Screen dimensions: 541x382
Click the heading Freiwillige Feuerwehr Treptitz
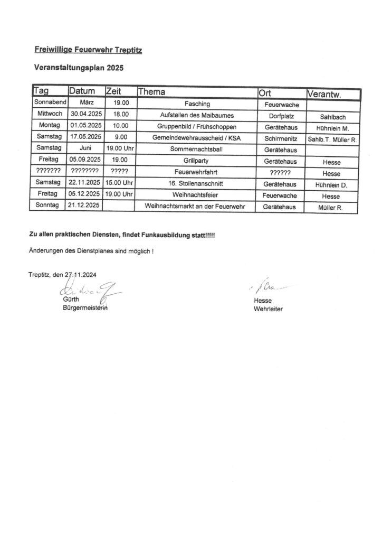pyautogui.click(x=88, y=50)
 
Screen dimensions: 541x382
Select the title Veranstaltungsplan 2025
pyautogui.click(x=79, y=68)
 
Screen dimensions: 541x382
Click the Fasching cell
pyautogui.click(x=198, y=105)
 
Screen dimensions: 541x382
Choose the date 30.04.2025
pyautogui.click(x=86, y=115)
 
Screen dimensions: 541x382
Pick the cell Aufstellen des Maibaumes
pyautogui.click(x=197, y=115)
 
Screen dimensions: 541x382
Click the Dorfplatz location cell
pyautogui.click(x=281, y=115)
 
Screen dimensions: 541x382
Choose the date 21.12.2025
pyautogui.click(x=86, y=205)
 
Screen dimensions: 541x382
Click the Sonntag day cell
pyautogui.click(x=49, y=205)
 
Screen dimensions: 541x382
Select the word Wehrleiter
pyautogui.click(x=268, y=309)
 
